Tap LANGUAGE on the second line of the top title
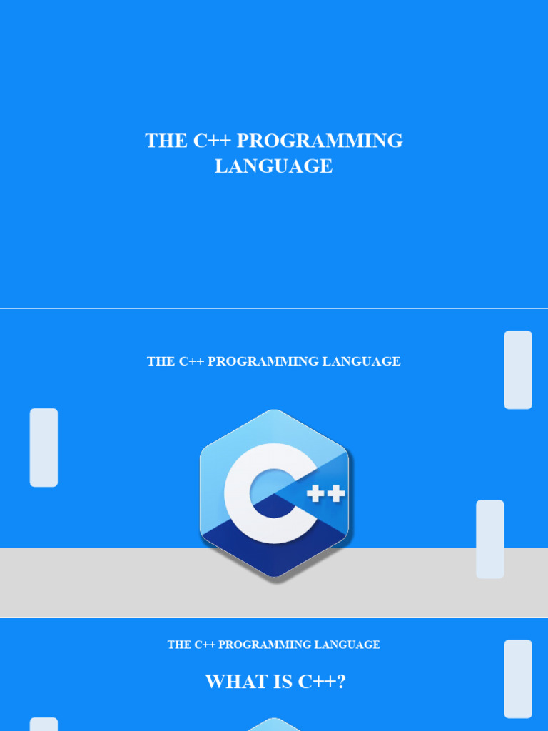273,166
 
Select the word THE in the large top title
166,141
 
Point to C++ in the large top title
211,141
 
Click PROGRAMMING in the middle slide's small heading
263,361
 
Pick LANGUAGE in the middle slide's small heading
361,361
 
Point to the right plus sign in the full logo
336,493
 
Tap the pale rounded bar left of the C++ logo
44,448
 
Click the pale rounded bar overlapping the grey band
490,539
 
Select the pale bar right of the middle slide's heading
518,370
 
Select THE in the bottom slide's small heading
178,645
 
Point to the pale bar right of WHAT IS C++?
518,679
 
